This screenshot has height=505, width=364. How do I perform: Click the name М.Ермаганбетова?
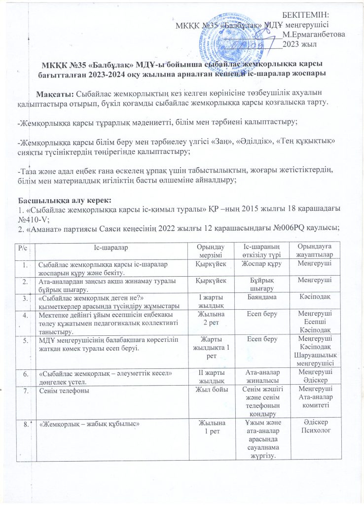(x=313, y=35)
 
